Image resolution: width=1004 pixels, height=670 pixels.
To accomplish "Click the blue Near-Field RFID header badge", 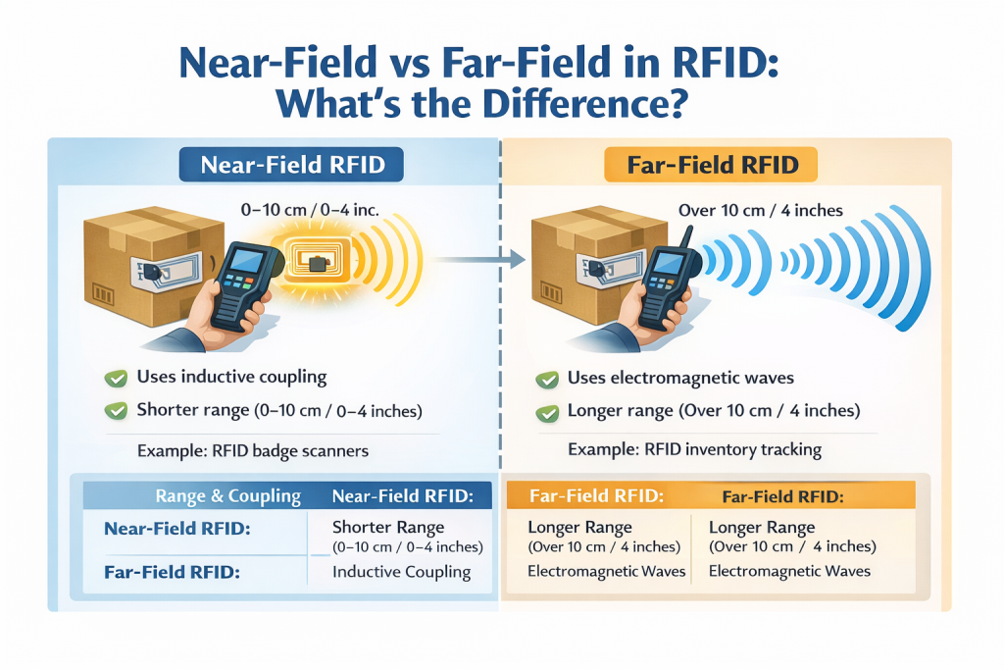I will click(291, 164).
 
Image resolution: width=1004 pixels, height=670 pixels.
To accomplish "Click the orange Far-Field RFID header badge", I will click(709, 164).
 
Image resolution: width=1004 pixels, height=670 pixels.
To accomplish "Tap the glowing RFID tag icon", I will click(316, 262).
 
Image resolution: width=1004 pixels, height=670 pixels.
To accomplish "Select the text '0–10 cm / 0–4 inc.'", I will click(308, 209).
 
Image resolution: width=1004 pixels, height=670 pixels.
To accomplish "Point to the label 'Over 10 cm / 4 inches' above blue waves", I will click(760, 209).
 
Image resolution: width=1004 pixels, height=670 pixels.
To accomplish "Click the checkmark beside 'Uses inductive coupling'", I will click(117, 378).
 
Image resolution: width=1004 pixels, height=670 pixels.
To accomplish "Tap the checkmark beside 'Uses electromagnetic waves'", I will click(547, 379).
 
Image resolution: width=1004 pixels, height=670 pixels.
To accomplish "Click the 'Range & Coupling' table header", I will click(227, 495).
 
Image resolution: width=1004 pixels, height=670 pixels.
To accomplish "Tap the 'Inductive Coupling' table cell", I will click(401, 571).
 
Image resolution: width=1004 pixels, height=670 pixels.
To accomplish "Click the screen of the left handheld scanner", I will click(240, 262).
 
